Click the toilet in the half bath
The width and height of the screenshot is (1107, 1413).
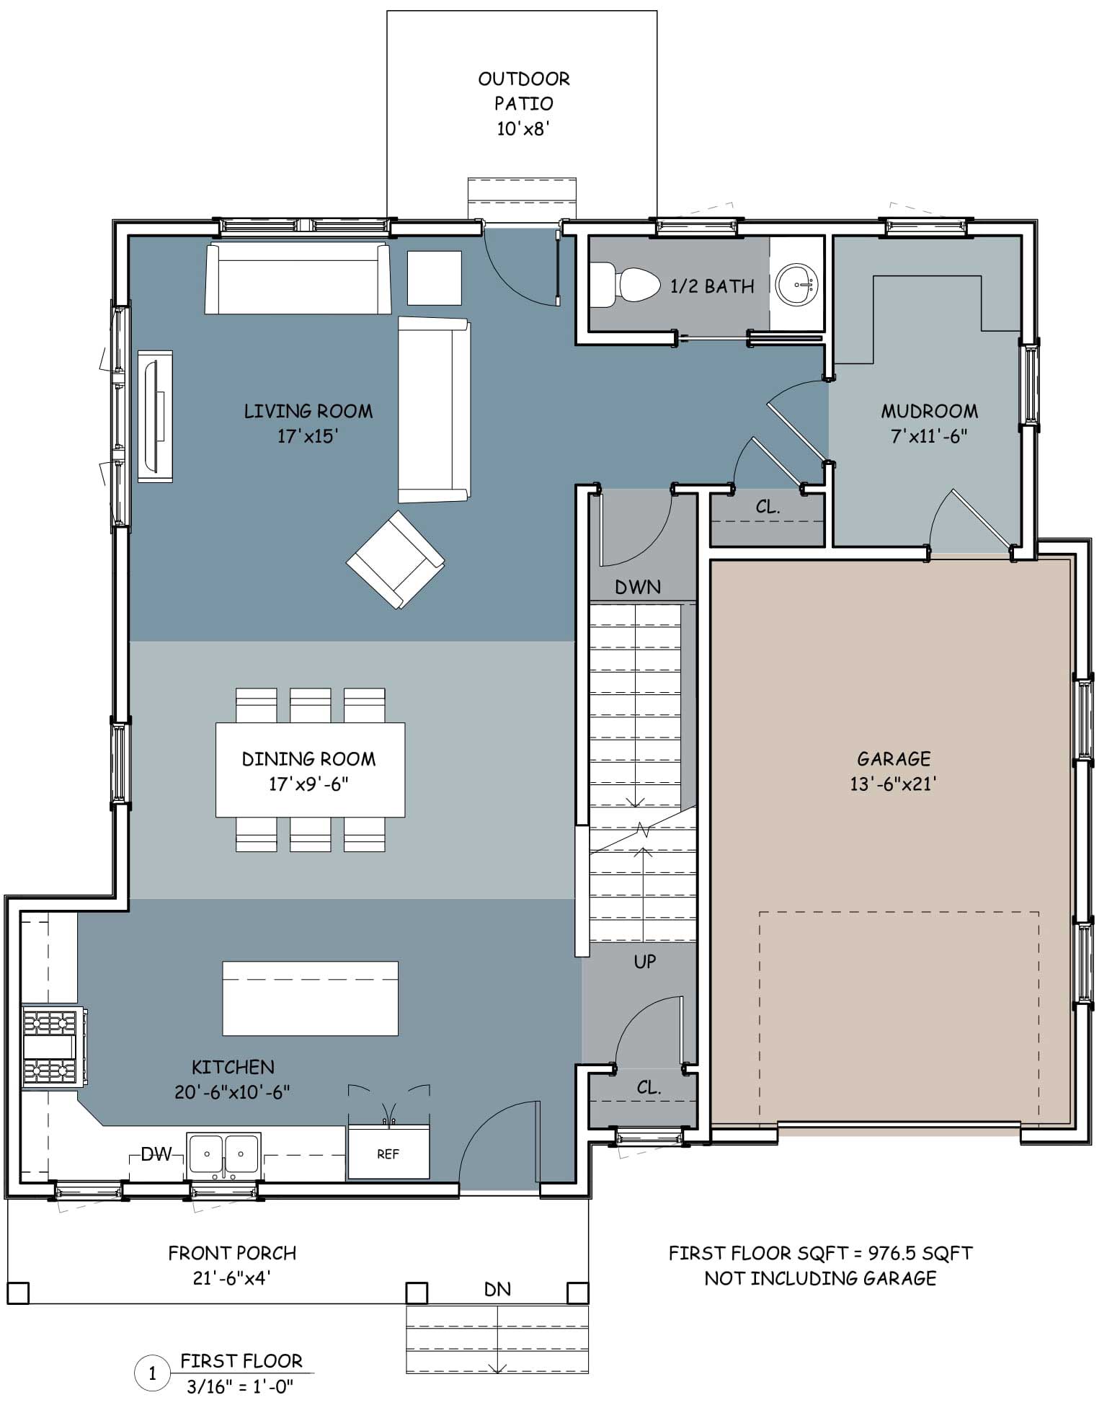625,285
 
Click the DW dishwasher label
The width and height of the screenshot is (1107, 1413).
156,1154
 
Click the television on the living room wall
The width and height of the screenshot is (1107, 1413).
155,416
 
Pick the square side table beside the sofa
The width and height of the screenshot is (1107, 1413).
435,278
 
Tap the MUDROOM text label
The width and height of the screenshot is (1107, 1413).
930,412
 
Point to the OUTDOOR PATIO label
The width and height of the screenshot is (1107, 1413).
524,91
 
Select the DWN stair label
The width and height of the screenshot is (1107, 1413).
638,588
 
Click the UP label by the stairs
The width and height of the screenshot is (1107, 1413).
645,961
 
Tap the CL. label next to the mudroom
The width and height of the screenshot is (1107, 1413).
768,507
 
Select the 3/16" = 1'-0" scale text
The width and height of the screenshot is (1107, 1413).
240,1386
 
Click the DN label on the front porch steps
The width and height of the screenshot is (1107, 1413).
497,1289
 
